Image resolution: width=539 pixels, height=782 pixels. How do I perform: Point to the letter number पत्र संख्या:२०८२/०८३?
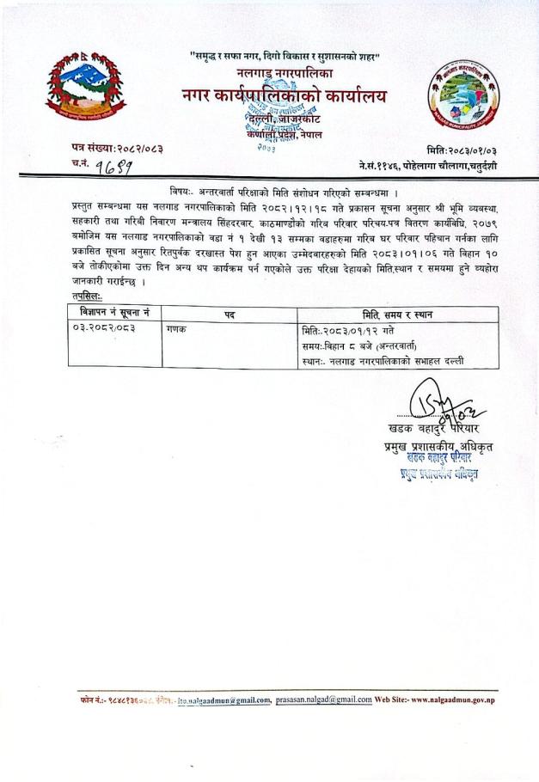click(119, 150)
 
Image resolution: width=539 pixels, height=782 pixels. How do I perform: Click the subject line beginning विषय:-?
click(275, 191)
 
